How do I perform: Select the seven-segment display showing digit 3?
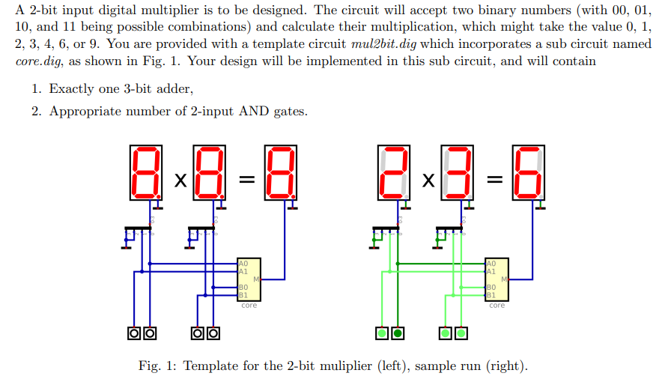[x=458, y=173]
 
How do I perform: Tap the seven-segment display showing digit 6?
[x=528, y=173]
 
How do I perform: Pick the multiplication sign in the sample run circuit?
[x=427, y=181]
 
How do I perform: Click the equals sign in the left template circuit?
[x=246, y=181]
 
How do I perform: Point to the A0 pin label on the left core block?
[x=243, y=264]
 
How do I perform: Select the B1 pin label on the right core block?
[x=491, y=294]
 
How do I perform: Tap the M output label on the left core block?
[x=256, y=279]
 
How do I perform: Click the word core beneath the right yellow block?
[x=497, y=305]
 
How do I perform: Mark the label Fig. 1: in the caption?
[x=155, y=366]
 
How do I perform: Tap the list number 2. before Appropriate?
[x=37, y=112]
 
